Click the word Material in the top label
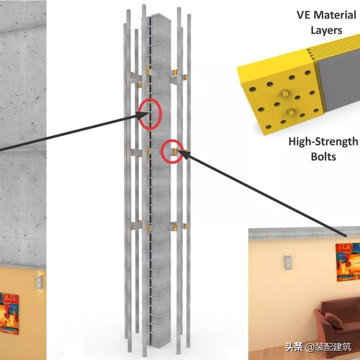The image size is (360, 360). click(x=335, y=15)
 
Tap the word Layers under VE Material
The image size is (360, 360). click(x=326, y=30)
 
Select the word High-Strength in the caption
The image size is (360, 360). click(x=323, y=142)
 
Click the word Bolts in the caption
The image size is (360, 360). click(x=323, y=157)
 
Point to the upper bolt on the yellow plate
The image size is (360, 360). click(x=285, y=93)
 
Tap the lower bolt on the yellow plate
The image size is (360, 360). click(x=291, y=112)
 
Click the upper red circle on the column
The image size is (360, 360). click(x=150, y=114)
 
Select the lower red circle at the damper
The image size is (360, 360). click(x=172, y=151)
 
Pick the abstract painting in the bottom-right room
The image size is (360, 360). click(x=348, y=262)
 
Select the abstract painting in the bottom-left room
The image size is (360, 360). click(x=9, y=313)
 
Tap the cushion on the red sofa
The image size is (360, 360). click(x=334, y=321)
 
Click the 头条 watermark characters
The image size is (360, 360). click(x=294, y=347)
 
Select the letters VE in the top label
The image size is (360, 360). click(x=304, y=15)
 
